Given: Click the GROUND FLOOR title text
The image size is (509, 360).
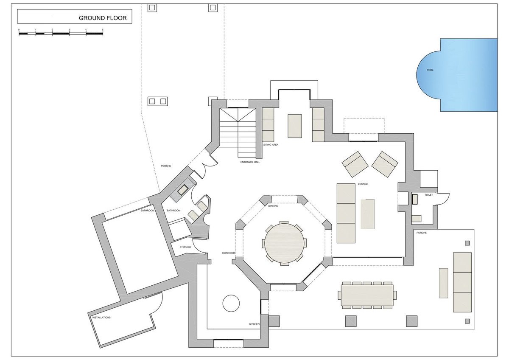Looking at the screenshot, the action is point(103,18).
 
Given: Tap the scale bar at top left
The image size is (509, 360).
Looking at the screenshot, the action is point(61,34).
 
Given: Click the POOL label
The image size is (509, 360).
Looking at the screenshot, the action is point(430,70).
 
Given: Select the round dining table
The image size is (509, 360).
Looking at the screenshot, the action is point(284,243).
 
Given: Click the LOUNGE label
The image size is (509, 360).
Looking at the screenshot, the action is point(363,184).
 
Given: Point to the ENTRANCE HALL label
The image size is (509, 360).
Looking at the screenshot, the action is point(250,162).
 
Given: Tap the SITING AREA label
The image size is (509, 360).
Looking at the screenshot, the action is point(271,145).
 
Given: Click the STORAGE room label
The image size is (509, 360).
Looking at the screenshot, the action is point(185,247).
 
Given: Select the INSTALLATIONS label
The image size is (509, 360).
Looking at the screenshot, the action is point(101,318).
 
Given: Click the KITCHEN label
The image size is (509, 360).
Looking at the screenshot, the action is point(254,324).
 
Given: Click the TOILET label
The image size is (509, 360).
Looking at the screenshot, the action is point(428,195).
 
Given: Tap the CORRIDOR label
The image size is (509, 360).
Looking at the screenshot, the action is point(228,253).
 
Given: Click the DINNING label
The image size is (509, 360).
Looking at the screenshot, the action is point(273,206).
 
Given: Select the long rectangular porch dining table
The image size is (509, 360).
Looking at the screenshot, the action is point(367,295).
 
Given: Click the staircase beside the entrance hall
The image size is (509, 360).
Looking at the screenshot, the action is point(238,132).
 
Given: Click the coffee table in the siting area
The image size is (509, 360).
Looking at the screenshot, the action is point(295,126).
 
